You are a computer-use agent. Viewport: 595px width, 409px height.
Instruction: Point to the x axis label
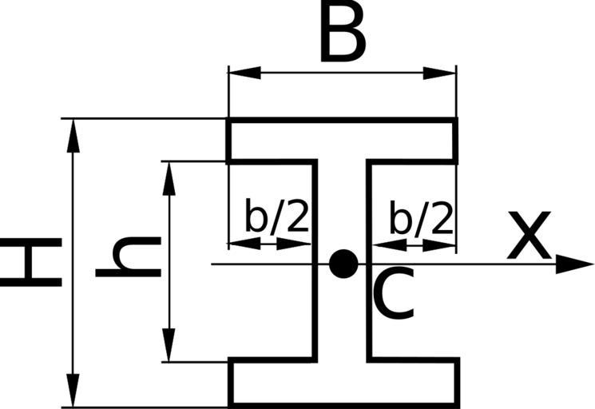coord(529,237)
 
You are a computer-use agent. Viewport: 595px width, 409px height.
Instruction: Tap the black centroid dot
coord(343,263)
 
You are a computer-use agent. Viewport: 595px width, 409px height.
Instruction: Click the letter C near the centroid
coord(393,294)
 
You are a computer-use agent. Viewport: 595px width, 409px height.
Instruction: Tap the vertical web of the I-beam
coord(342,320)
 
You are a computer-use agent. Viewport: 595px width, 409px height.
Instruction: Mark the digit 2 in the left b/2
coord(296,216)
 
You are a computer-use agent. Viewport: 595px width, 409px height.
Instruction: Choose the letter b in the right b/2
coord(400,216)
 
